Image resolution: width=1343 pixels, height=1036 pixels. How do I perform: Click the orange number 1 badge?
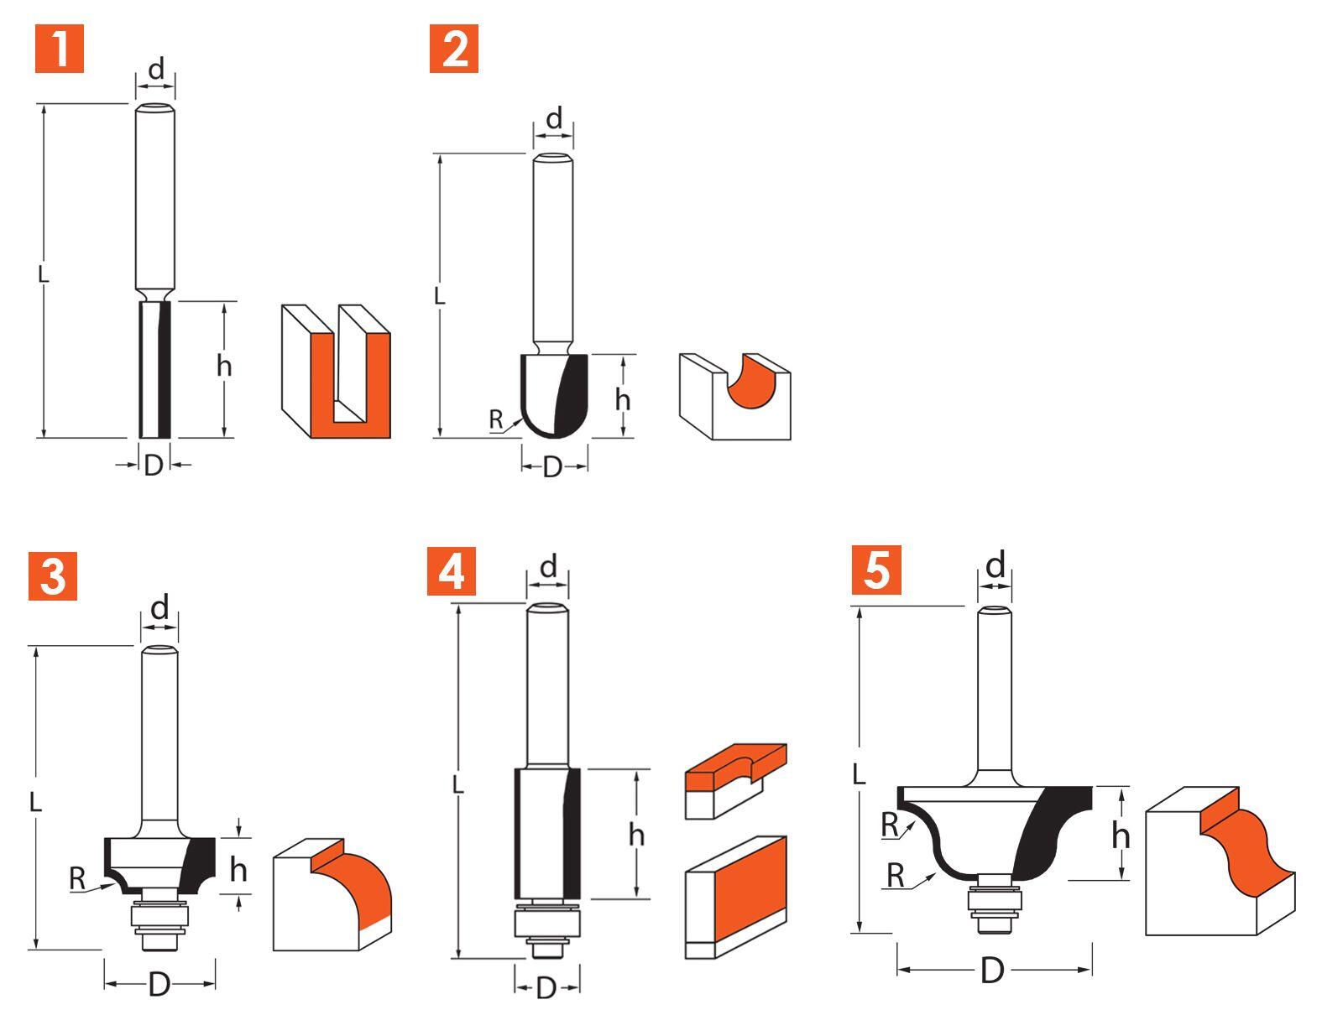pos(60,49)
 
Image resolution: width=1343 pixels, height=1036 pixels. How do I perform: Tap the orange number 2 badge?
pos(453,49)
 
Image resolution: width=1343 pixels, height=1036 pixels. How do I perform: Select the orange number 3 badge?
pos(52,575)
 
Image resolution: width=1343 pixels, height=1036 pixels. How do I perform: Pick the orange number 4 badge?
pos(451,571)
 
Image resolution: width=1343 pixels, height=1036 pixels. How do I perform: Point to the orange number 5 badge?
pos(875,570)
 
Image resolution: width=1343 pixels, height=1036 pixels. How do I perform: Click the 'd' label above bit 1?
pos(156,70)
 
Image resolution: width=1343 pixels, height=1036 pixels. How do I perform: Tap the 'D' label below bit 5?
pos(992,971)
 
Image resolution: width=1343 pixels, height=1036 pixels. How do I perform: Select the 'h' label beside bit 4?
pos(636,835)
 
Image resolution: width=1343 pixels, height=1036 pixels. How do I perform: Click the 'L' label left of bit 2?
pos(439,295)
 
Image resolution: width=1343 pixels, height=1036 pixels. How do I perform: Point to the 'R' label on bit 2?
pos(496,419)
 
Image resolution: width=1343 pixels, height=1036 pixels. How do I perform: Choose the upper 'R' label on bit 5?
pos(890,825)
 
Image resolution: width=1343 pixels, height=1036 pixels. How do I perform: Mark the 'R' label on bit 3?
pos(77,879)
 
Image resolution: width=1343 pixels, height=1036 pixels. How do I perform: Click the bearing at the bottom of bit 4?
pos(546,924)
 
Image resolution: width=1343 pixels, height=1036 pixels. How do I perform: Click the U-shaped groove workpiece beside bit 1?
pos(336,372)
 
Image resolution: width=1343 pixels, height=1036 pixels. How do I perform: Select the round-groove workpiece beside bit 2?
pos(734,396)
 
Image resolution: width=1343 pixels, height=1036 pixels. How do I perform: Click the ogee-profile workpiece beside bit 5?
pos(1220,862)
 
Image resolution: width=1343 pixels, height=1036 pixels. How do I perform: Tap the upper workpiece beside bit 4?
pos(735,779)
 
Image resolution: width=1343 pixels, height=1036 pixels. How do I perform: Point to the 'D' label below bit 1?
pos(153,465)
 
